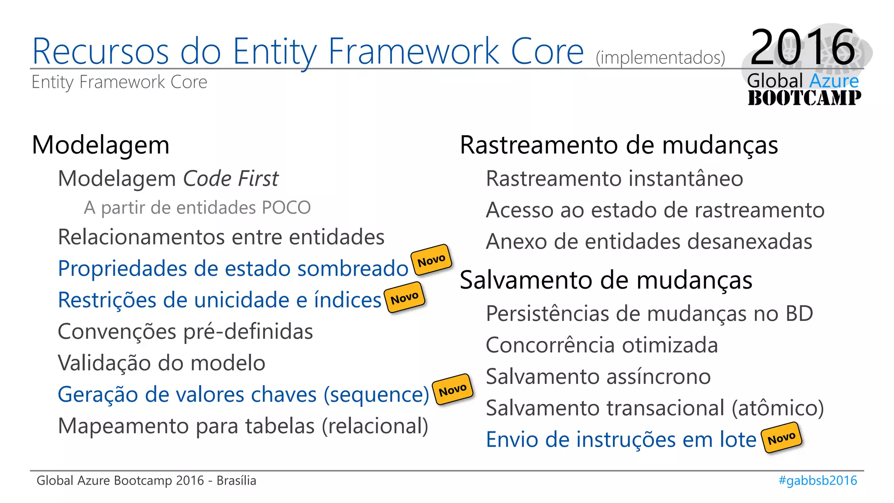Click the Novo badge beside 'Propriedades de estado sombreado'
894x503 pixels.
coord(431,261)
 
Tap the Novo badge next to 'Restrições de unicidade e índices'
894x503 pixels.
coord(405,298)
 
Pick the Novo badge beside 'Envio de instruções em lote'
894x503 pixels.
coord(781,438)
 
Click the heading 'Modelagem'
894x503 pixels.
coord(101,145)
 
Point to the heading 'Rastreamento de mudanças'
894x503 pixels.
coord(619,145)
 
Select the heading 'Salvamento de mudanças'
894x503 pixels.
coord(606,280)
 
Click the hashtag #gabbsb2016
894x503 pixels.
coord(818,480)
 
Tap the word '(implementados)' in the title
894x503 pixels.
coord(660,58)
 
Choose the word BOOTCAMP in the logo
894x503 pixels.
coord(804,98)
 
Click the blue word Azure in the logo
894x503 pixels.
coord(834,81)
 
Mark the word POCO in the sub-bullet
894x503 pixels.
coord(286,207)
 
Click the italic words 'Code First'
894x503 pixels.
coord(230,179)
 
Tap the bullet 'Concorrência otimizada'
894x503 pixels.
coord(602,345)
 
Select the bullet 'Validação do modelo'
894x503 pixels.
coord(162,363)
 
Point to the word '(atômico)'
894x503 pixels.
coord(777,408)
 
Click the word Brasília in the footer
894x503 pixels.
coord(236,480)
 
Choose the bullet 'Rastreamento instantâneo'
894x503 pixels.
coord(614,179)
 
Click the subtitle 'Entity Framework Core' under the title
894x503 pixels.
coord(119,82)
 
